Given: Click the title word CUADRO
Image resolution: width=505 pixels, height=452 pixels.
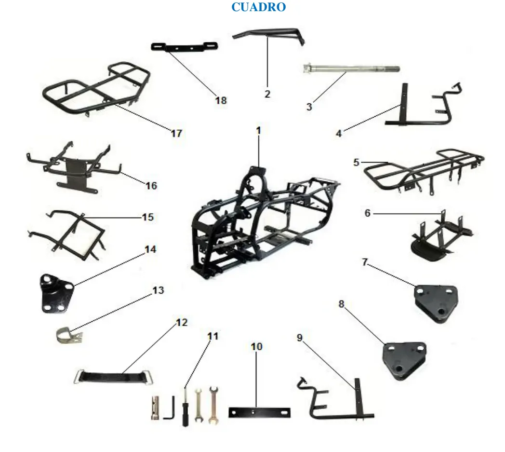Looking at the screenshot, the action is pyautogui.click(x=259, y=7).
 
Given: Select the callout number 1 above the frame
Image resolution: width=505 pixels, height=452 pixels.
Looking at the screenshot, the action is pyautogui.click(x=258, y=131).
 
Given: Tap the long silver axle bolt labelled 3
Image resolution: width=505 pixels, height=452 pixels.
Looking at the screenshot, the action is pyautogui.click(x=351, y=68).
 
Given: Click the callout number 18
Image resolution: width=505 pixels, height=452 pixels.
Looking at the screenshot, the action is pyautogui.click(x=221, y=100).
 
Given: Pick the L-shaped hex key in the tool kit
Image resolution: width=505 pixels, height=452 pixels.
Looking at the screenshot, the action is pyautogui.click(x=170, y=409).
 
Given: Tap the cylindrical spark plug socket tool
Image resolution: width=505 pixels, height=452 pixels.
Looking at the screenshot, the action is pyautogui.click(x=155, y=408).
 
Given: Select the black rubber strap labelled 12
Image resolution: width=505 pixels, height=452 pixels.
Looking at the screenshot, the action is pyautogui.click(x=114, y=377).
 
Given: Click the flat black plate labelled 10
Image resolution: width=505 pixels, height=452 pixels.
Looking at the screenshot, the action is pyautogui.click(x=259, y=412).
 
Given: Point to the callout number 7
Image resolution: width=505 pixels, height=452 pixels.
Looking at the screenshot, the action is pyautogui.click(x=365, y=262).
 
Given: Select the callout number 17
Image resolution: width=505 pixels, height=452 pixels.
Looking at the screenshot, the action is pyautogui.click(x=176, y=133).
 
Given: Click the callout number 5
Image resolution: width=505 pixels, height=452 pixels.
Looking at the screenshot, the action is pyautogui.click(x=356, y=162).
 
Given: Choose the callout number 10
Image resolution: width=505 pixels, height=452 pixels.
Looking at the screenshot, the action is pyautogui.click(x=256, y=346).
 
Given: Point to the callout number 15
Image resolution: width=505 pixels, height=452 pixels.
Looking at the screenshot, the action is pyautogui.click(x=147, y=217).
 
